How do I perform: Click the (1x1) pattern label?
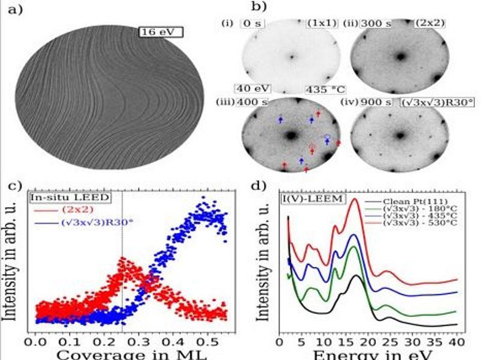(316, 23)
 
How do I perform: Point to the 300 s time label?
(374, 23)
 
